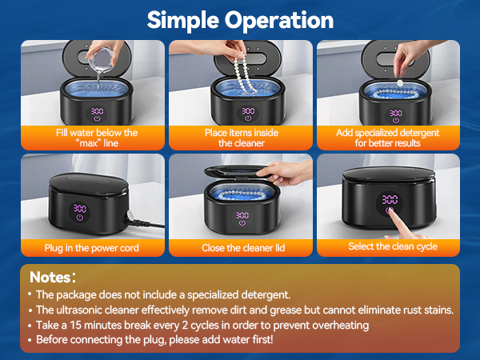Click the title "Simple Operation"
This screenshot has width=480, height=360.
pyautogui.click(x=239, y=19)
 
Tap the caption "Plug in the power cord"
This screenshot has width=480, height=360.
pyautogui.click(x=92, y=248)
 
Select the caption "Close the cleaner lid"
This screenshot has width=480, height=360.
pyautogui.click(x=241, y=248)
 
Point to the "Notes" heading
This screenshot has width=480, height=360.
pyautogui.click(x=53, y=278)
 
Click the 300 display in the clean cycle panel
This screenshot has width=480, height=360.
pyautogui.click(x=390, y=200)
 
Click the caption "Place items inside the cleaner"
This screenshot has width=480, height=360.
pyautogui.click(x=241, y=138)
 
